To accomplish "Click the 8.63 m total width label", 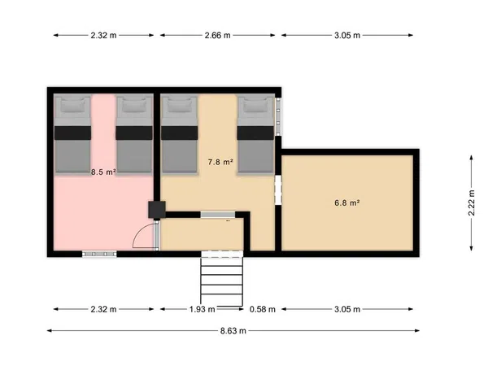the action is pyautogui.click(x=233, y=331).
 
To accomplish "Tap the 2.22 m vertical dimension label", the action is pyautogui.click(x=472, y=203).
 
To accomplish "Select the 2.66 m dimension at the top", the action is pyautogui.click(x=217, y=36).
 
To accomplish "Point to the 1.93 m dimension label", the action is pyautogui.click(x=202, y=309).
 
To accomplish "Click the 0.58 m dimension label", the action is pyautogui.click(x=263, y=309).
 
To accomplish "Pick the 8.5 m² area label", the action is pyautogui.click(x=103, y=172).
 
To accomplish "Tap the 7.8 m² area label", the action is pyautogui.click(x=220, y=162).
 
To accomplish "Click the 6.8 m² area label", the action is pyautogui.click(x=347, y=203).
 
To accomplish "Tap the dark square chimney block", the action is pyautogui.click(x=156, y=210).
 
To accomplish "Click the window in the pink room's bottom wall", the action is pyautogui.click(x=99, y=254).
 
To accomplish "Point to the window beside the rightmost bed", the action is pyautogui.click(x=278, y=116).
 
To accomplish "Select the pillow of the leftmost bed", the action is pyautogui.click(x=73, y=105).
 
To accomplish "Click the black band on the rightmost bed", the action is pyautogui.click(x=255, y=133).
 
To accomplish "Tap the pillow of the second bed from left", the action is pyautogui.click(x=134, y=105).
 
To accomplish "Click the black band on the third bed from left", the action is pyautogui.click(x=179, y=133).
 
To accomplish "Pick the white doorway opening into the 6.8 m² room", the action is pyautogui.click(x=278, y=190).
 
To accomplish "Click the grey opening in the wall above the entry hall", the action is pyautogui.click(x=217, y=215).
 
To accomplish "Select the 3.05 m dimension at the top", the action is pyautogui.click(x=347, y=36).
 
